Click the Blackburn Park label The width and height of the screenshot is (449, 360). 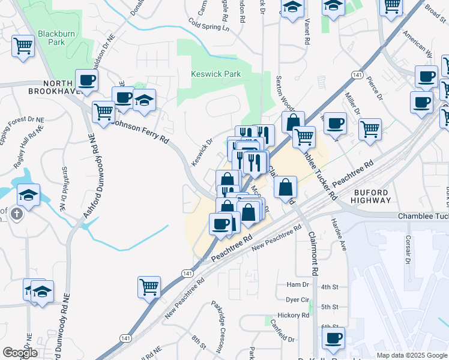point(56,38)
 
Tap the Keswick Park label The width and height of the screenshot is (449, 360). point(215,74)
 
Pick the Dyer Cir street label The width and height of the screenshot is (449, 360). point(297,299)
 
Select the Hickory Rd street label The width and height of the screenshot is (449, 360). point(293,315)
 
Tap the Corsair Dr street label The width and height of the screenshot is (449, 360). point(408,249)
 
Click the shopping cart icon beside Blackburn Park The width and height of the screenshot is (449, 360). point(23,46)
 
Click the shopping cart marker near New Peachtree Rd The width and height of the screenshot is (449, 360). point(149,286)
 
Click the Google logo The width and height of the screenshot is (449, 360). point(20,352)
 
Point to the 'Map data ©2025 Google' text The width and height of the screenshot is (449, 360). point(411,355)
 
